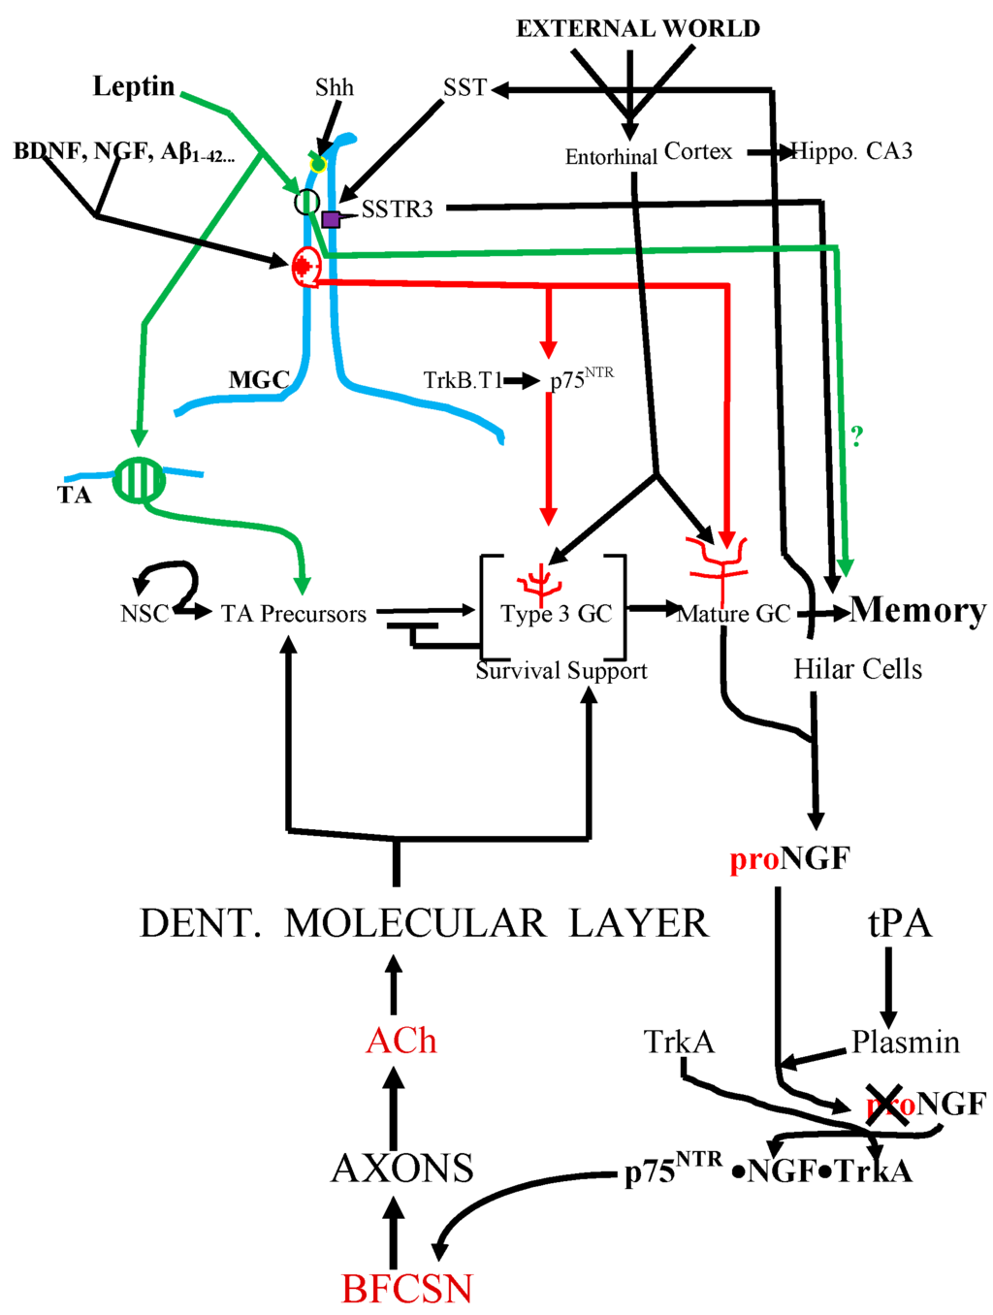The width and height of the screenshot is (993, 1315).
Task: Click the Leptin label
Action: [x=134, y=86]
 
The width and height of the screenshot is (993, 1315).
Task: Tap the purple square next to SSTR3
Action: [x=331, y=219]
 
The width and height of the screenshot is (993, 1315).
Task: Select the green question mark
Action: [x=856, y=437]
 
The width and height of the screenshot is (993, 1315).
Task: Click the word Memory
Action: [x=918, y=610]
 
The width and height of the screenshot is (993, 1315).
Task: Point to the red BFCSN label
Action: [x=407, y=1289]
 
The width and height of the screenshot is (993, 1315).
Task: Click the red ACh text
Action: [x=401, y=1041]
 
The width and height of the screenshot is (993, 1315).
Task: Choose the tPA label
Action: [x=900, y=923]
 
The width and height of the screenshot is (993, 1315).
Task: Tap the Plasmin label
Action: [x=906, y=1042]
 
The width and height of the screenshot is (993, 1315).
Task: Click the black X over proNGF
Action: [x=886, y=1106]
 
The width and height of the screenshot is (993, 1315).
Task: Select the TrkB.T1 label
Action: [x=463, y=380]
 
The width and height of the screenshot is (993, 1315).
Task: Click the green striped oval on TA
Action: [x=139, y=480]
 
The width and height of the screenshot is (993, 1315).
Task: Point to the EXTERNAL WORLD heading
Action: [x=638, y=29]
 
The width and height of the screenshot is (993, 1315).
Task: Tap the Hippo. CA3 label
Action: [x=852, y=151]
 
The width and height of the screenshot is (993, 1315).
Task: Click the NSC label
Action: [x=144, y=614]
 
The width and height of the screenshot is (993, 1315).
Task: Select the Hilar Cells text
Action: [x=857, y=669]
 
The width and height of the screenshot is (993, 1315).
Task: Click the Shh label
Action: [x=335, y=88]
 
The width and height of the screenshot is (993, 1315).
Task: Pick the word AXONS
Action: [x=402, y=1169]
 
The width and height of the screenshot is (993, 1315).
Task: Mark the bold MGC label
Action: [x=259, y=380]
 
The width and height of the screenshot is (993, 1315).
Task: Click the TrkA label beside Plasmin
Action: [x=679, y=1042]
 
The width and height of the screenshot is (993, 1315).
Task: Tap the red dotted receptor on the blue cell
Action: [x=305, y=265]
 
